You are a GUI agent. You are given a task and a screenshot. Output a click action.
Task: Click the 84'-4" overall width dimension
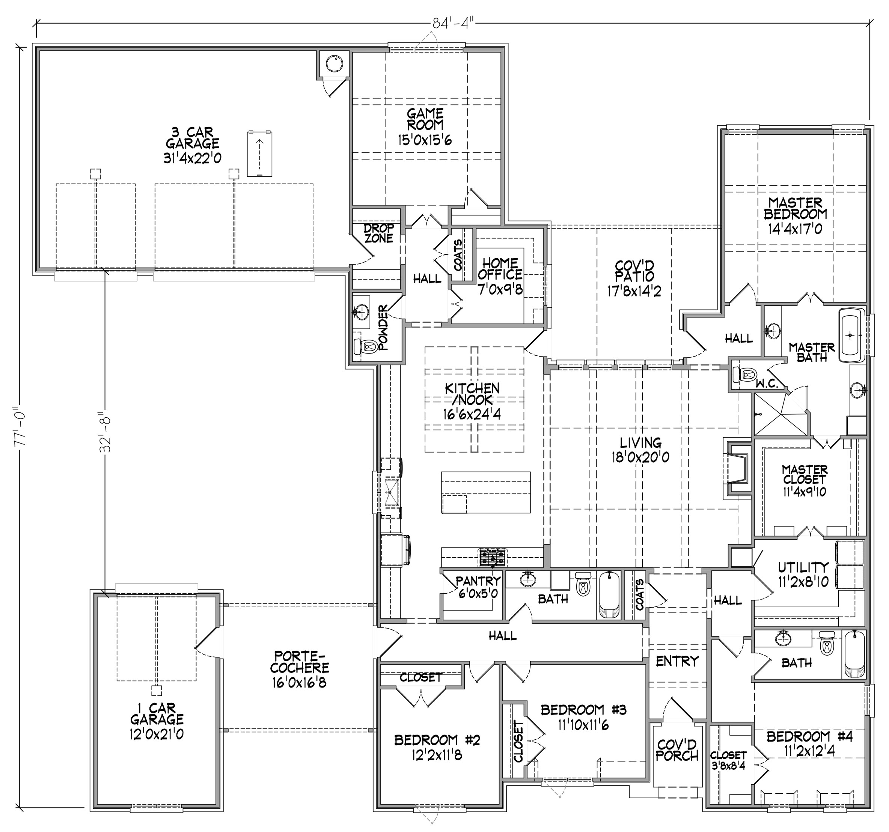pos(453,23)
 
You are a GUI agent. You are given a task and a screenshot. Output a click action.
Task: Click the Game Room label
pos(425,119)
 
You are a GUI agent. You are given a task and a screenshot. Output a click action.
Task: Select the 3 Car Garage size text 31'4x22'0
pos(192,158)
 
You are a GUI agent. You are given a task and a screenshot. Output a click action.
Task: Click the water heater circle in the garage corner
pos(334,63)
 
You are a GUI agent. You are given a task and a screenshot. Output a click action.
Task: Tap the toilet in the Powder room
pos(365,346)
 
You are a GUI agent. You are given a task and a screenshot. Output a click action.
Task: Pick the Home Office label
pos(500,268)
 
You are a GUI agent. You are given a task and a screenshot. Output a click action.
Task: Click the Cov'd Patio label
pos(634,271)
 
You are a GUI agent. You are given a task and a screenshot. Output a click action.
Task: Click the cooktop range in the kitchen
pos(493,557)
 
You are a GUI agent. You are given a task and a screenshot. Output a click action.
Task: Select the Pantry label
pos(478,581)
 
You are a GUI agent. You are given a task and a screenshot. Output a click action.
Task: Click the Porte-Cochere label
pos(300,662)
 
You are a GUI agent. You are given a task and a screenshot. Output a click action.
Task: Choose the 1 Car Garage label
pos(157,714)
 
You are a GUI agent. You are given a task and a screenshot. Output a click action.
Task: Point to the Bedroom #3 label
pos(583,710)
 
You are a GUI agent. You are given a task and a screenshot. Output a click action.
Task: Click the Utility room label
pos(803,567)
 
